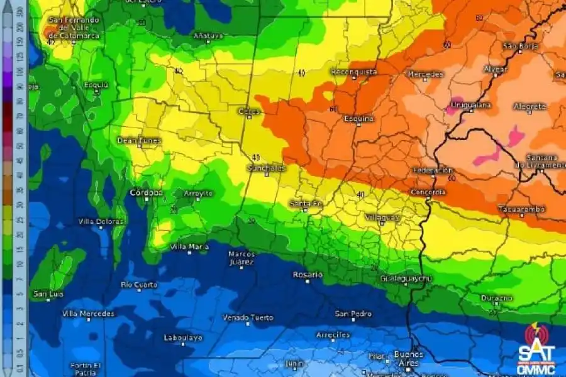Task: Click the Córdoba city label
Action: [147, 192]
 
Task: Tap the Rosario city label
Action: [308, 275]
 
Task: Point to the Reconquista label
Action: [354, 72]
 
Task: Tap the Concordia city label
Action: [428, 192]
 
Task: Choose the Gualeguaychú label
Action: [406, 278]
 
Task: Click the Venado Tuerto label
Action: [248, 317]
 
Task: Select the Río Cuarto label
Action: [139, 285]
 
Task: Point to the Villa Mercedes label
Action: [89, 313]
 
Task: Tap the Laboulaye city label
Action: [183, 337]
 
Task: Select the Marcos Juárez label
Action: [241, 258]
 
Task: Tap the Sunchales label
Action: [266, 168]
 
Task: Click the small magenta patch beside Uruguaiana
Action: [452, 108]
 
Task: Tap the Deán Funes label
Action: [139, 140]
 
